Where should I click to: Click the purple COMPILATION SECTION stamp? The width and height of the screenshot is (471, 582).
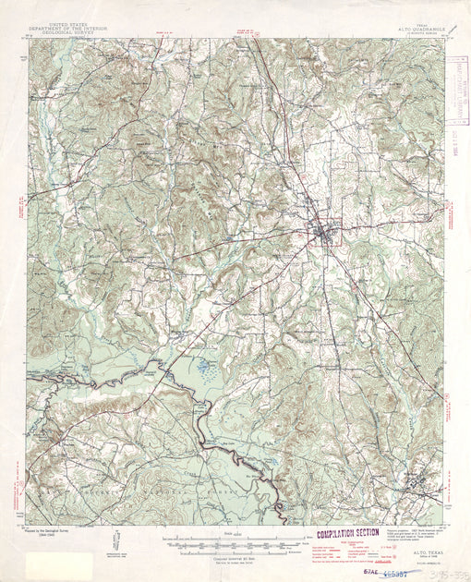pyautogui.click(x=347, y=533)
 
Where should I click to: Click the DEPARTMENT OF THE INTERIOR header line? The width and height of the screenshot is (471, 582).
pyautogui.click(x=67, y=28)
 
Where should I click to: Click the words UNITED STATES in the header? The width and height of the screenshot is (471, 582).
pyautogui.click(x=67, y=23)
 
